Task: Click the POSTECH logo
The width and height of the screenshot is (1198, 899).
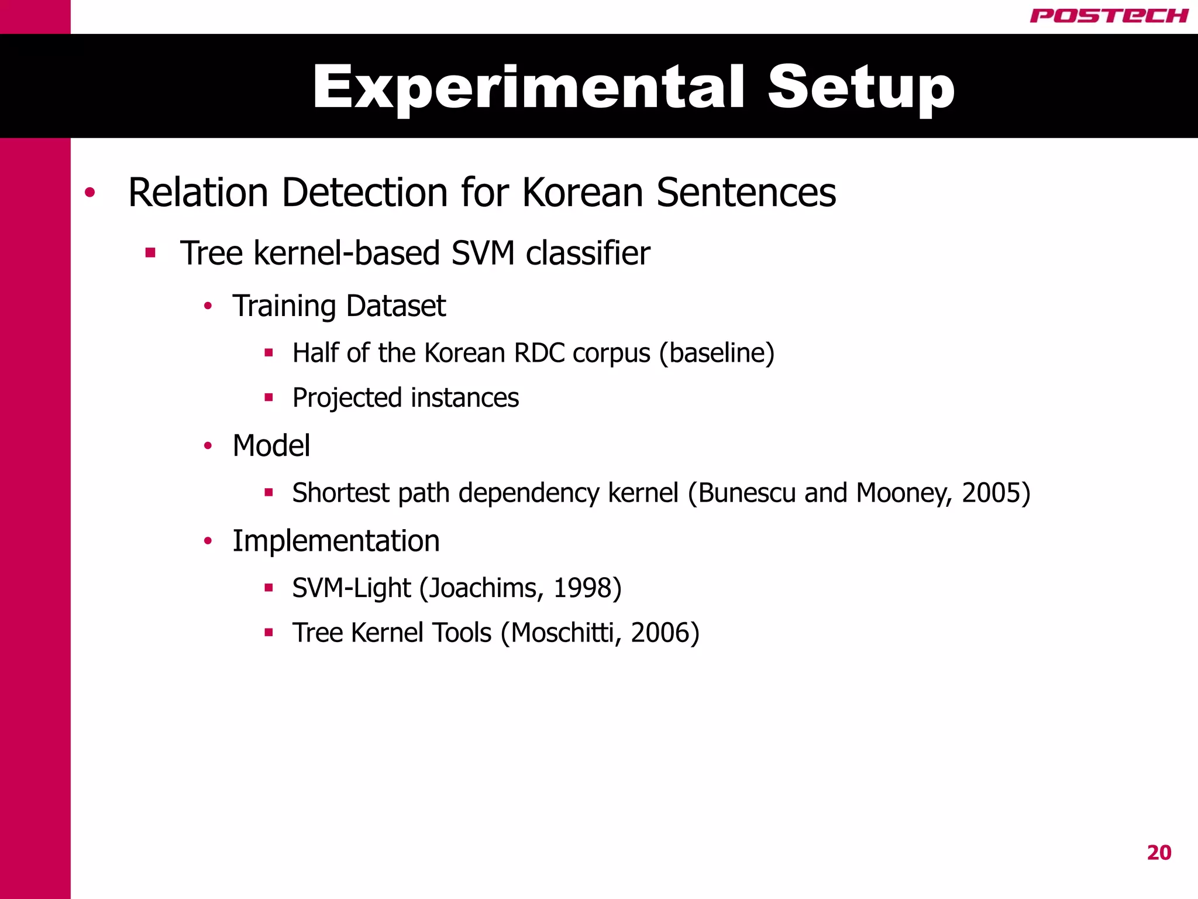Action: (x=1109, y=16)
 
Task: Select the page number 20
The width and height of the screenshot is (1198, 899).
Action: (x=1159, y=853)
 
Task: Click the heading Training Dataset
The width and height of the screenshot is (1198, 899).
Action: (x=339, y=306)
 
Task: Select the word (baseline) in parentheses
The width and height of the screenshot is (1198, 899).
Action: (x=717, y=353)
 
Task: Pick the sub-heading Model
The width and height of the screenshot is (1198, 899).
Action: (x=271, y=446)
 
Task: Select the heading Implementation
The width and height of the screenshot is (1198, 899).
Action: (x=336, y=541)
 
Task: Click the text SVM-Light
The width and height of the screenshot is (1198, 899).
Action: (x=351, y=588)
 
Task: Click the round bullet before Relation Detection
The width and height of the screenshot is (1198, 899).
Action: (x=89, y=193)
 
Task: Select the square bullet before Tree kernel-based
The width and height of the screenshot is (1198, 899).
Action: (x=150, y=253)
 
